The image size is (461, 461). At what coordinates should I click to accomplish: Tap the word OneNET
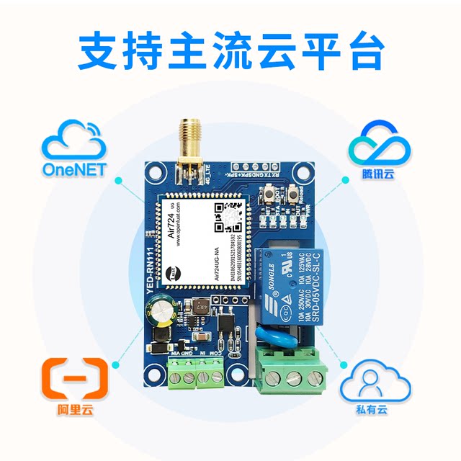[73, 170]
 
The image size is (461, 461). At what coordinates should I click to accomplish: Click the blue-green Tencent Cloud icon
[380, 142]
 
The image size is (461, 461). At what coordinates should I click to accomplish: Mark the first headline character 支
[99, 50]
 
